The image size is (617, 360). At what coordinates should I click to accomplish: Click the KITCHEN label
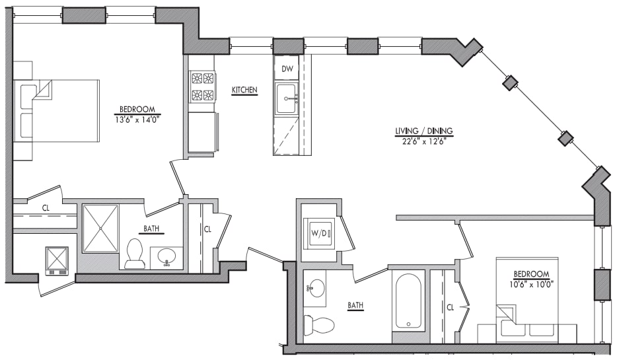[x=244, y=90]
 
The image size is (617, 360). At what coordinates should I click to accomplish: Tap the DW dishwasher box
[x=287, y=69]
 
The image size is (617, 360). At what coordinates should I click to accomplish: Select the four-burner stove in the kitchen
[x=203, y=87]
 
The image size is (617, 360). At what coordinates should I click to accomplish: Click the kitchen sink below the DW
[x=287, y=99]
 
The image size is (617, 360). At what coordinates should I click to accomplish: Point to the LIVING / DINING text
[x=423, y=131]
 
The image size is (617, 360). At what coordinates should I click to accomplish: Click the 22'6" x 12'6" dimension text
[x=423, y=140]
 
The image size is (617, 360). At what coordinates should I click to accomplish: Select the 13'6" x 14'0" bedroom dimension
[x=137, y=120]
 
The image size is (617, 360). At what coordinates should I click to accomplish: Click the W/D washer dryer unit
[x=320, y=232]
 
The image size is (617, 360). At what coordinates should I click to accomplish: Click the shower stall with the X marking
[x=100, y=228]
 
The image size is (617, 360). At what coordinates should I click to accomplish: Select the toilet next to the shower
[x=135, y=254]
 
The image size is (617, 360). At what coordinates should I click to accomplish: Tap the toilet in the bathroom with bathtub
[x=318, y=324]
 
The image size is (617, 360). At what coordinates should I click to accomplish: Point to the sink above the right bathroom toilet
[x=316, y=289]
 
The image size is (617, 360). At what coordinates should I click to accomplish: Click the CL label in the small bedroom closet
[x=450, y=307]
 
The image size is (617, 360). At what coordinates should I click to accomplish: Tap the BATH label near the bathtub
[x=356, y=305]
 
